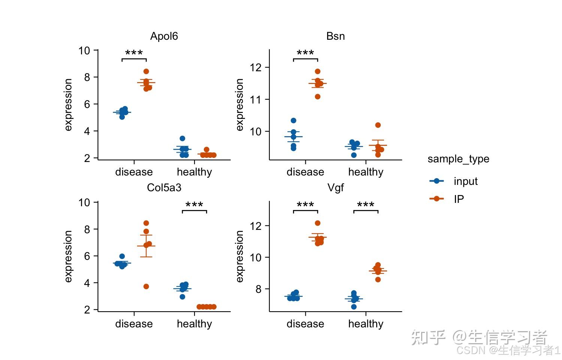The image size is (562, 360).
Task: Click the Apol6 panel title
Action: [x=164, y=36]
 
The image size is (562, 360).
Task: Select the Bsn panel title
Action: [x=335, y=36]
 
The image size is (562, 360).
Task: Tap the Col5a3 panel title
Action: [x=164, y=187]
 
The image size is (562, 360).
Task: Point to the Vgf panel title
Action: [x=335, y=187]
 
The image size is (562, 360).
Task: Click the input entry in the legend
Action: [x=465, y=181]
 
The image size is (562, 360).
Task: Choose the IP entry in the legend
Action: [x=459, y=199]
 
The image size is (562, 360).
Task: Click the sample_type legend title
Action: [x=458, y=159]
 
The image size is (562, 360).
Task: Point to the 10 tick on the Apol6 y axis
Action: [x=84, y=50]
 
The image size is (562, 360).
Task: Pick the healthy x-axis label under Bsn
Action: [x=366, y=172]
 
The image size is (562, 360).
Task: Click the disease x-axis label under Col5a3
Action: [x=134, y=324]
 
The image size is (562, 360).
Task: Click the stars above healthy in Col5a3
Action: [x=194, y=205]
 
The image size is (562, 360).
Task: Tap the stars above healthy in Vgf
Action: [x=366, y=205]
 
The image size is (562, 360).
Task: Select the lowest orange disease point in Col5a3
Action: [x=146, y=286]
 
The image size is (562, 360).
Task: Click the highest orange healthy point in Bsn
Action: [x=378, y=125]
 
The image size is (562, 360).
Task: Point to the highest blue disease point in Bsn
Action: [x=293, y=120]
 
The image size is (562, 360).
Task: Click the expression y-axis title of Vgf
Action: [x=239, y=256]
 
